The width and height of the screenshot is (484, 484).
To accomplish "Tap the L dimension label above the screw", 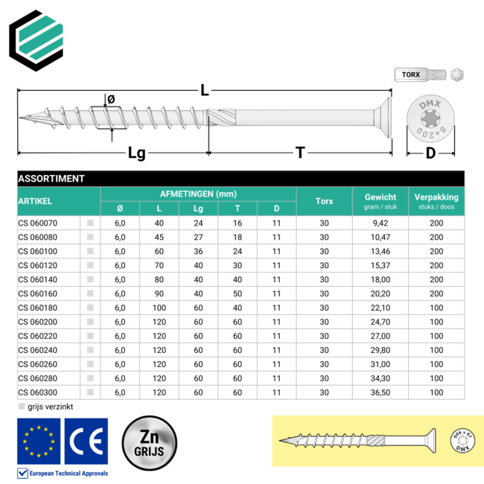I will click(204, 90).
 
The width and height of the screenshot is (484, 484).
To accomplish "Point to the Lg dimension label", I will click(136, 153).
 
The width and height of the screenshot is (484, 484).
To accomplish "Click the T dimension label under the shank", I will click(300, 153).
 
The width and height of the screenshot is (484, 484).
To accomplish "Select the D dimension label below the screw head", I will click(430, 153).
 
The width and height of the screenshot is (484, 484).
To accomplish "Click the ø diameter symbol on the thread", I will click(111, 98).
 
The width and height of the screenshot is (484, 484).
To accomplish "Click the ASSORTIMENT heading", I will click(51, 179).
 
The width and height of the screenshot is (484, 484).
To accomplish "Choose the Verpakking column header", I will click(437, 197).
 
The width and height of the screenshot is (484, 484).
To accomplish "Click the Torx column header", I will click(324, 201).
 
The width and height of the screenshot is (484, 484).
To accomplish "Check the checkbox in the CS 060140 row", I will click(90, 278).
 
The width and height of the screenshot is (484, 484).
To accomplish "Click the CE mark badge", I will click(86, 441).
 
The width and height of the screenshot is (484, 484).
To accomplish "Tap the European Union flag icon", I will click(39, 441).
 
